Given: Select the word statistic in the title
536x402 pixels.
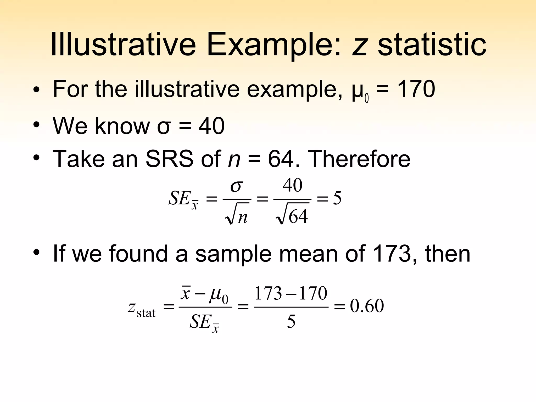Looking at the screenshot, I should click(432, 44).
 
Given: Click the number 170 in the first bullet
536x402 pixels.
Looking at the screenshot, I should click(416, 89).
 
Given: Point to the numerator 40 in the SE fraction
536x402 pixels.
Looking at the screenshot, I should click(293, 185).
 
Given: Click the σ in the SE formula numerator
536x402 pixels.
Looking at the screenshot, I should click(237, 186).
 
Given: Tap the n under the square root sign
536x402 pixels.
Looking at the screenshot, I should click(243, 217).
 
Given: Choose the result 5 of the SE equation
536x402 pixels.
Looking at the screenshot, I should click(337, 198).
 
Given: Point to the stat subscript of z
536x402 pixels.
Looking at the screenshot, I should click(146, 313).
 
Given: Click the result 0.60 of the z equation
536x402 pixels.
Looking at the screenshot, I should click(367, 306).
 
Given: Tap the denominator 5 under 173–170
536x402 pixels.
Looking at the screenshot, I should click(291, 322).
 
